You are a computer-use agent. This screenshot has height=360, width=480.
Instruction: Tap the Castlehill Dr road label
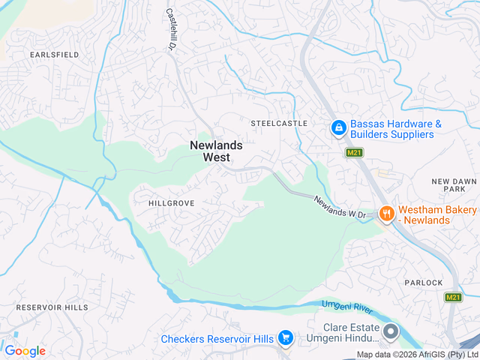point(170,29)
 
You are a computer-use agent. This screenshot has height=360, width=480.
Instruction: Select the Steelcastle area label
point(279,122)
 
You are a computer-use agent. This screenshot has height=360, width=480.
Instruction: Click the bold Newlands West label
point(216,151)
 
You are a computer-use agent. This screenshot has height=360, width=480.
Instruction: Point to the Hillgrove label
point(172,203)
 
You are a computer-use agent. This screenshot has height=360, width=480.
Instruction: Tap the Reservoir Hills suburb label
point(52,307)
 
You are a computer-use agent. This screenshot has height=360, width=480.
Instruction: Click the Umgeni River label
point(346,304)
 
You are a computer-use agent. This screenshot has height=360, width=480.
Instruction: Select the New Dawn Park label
point(454,187)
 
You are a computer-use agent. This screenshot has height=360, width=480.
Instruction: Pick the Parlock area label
point(424,282)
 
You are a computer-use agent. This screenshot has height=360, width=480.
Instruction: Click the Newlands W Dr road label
point(339,208)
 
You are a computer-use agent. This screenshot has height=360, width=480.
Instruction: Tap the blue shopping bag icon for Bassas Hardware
point(339,129)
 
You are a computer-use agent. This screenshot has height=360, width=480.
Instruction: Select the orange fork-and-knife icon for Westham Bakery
point(386,214)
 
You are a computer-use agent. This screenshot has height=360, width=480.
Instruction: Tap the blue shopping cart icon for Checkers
point(285,339)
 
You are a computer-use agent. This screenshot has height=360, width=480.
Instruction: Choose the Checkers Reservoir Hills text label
point(217,339)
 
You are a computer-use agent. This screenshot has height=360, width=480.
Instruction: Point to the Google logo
point(25,351)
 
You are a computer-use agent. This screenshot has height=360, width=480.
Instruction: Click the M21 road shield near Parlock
point(453,298)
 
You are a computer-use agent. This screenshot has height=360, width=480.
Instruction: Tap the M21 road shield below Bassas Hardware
point(355,152)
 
